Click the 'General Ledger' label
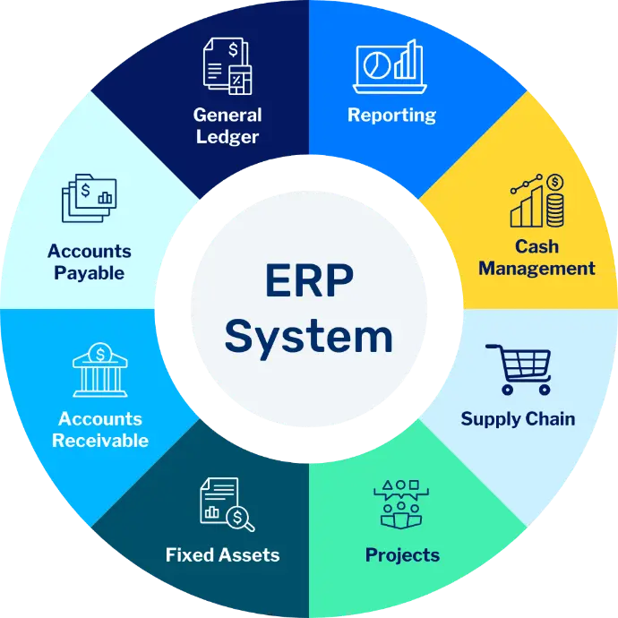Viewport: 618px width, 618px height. (x=227, y=125)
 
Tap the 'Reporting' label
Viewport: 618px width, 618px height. (x=391, y=115)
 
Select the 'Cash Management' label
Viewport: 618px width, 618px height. (x=536, y=257)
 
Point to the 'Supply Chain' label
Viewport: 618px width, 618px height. (x=518, y=419)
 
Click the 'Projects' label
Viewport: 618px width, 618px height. (x=402, y=555)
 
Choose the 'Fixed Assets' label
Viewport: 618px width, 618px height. (x=223, y=555)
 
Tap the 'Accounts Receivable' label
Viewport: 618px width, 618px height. (x=100, y=430)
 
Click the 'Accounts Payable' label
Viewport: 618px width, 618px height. (x=90, y=262)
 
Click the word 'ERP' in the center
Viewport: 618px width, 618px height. (x=309, y=280)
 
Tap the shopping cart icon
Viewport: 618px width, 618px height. (x=519, y=369)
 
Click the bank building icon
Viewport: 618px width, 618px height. (x=100, y=370)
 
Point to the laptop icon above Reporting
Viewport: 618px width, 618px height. (x=390, y=66)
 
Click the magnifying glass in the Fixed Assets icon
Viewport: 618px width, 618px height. (x=240, y=519)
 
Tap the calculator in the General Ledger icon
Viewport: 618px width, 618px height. (x=240, y=80)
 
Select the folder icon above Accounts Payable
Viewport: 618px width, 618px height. (x=89, y=198)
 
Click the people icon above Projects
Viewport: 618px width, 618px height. (x=401, y=504)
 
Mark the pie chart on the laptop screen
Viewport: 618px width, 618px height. (x=377, y=65)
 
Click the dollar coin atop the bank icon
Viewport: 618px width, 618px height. (x=100, y=354)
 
